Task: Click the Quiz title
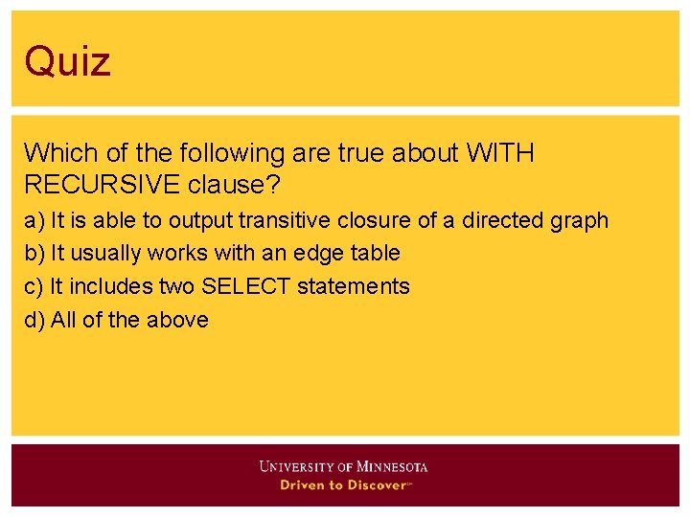[x=68, y=61]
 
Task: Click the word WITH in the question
[x=500, y=153]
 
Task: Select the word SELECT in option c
[x=246, y=286]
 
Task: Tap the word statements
[x=354, y=286]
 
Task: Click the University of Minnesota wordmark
[x=343, y=467]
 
